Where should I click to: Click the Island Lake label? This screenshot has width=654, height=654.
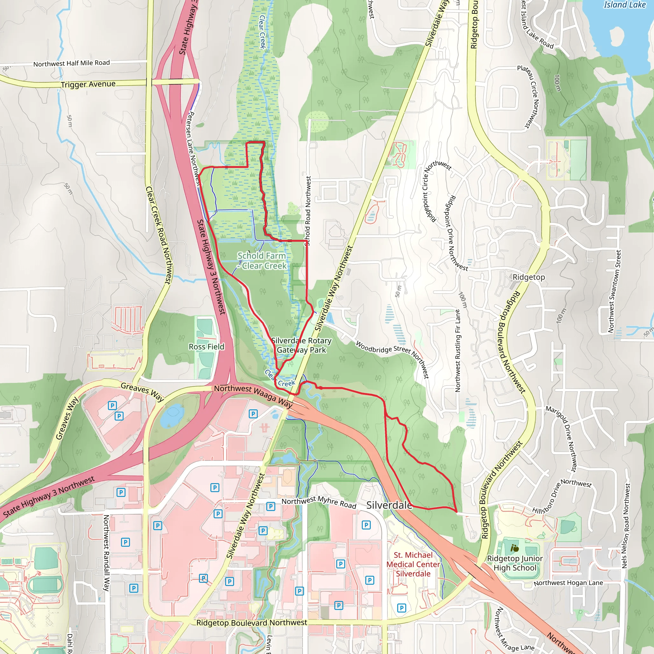(625, 5)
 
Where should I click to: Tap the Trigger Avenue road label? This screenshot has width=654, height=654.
(88, 84)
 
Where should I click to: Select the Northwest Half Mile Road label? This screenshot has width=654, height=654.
(72, 63)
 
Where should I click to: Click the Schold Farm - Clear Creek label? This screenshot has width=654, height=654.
(262, 261)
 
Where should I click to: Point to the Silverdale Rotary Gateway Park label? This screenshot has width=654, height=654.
(301, 345)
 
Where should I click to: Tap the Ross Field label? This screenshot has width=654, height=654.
(207, 346)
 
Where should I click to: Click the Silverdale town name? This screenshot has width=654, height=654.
(389, 506)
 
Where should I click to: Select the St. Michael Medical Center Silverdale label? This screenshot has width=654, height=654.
(413, 564)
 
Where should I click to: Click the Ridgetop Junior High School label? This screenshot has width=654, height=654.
(514, 563)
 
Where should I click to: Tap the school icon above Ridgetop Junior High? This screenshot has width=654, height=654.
(514, 548)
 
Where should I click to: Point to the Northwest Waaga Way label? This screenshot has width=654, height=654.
(253, 395)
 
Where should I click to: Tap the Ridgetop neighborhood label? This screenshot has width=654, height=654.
(529, 277)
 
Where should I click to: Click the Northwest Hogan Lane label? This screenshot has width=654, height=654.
(568, 583)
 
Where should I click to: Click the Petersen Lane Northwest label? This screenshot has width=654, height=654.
(193, 149)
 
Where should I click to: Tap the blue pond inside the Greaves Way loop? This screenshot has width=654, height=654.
(172, 415)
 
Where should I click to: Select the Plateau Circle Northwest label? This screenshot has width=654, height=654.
(529, 96)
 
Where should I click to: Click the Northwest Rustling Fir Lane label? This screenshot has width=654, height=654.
(458, 351)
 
